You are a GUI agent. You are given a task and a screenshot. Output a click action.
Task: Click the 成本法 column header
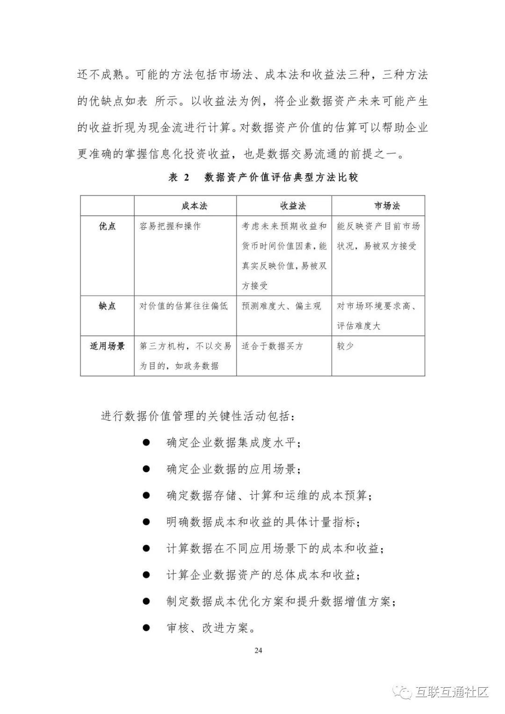pos(194,206)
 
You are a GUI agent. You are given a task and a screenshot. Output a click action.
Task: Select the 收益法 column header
pos(293,206)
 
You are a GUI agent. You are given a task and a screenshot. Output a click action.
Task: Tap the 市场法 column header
pos(387,206)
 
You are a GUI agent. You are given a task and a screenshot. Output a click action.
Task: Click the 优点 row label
pos(108,226)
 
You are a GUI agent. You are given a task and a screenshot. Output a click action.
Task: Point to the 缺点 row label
pos(108,306)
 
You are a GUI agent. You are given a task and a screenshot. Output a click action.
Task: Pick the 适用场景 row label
pos(108,346)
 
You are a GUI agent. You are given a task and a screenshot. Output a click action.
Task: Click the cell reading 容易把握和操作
pos(170,226)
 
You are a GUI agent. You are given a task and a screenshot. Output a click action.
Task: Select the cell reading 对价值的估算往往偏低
pos(184,306)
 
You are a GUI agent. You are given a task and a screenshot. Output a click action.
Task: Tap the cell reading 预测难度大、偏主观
pos(281,306)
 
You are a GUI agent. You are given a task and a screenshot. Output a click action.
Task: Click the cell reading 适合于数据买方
pos(273,346)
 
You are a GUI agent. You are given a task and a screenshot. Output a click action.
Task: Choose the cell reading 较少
pos(345,346)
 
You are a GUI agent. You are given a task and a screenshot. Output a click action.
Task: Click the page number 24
pos(259,650)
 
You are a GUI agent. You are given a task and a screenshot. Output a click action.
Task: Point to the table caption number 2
pos(187,178)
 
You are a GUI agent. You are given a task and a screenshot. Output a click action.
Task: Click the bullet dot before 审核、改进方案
pos(146,628)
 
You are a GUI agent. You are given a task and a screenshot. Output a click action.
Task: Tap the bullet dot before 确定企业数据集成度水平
pos(146,442)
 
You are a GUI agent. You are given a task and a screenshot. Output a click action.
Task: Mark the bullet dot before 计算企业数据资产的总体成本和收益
pos(146,575)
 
